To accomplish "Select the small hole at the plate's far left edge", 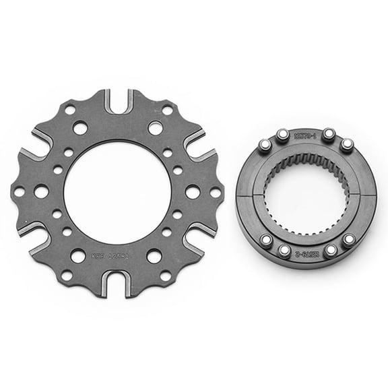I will pos(19,192).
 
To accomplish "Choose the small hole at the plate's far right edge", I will pos(216,193).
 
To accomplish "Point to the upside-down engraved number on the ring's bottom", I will pos(306,253).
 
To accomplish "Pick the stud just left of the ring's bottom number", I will pos(284,251).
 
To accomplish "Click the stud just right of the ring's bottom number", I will pos(330,251).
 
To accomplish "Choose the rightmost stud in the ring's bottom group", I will pos(348,239).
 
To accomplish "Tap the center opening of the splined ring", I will pos(306,194).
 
